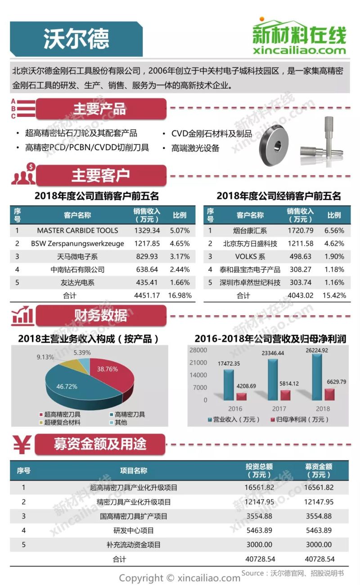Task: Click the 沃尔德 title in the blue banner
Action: pyautogui.click(x=76, y=39)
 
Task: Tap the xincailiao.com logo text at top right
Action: pyautogui.click(x=299, y=50)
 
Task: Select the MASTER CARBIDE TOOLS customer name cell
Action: pyautogui.click(x=77, y=231)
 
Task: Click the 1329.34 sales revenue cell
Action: pyautogui.click(x=147, y=231)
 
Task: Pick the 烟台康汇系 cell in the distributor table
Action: pyautogui.click(x=250, y=231)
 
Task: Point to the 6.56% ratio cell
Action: pyautogui.click(x=334, y=231)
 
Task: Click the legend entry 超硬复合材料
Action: pyautogui.click(x=62, y=422)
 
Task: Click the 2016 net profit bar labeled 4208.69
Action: pyautogui.click(x=241, y=396)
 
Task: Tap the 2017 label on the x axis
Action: pyautogui.click(x=279, y=409)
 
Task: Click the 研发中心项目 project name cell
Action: pyautogui.click(x=134, y=531)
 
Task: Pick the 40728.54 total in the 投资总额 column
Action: pyautogui.click(x=260, y=559)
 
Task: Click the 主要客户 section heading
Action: pyautogui.click(x=100, y=176)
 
